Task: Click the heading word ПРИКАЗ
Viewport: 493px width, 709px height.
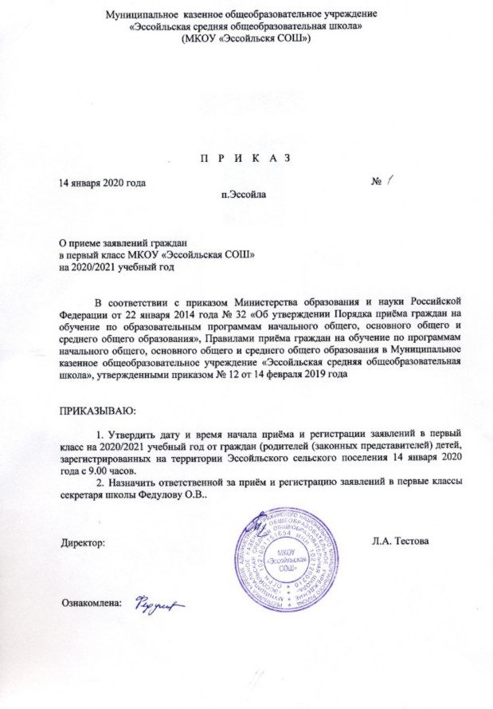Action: coord(245,157)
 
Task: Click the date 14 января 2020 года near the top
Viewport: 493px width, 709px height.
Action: coord(98,183)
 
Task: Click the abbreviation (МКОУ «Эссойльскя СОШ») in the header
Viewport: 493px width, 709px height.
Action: coord(245,37)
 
